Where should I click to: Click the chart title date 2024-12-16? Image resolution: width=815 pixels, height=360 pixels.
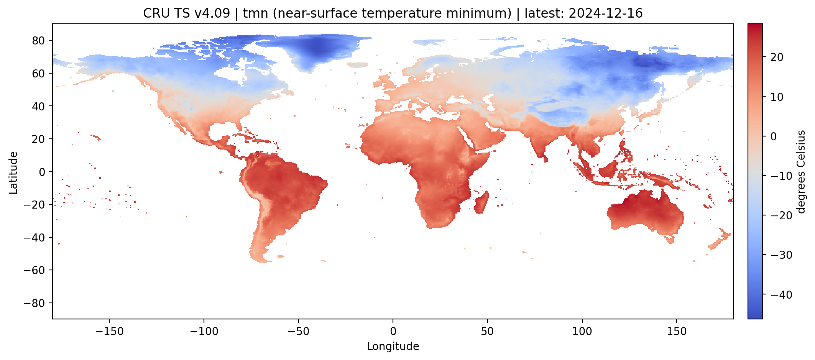pos(605,13)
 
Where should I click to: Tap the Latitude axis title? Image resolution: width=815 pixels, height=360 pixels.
pos(13,173)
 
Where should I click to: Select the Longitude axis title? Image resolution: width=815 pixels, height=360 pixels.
pos(393,347)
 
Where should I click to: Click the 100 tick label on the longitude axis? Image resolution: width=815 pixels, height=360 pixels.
pos(582,331)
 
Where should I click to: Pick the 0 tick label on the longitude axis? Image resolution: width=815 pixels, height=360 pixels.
pos(393,331)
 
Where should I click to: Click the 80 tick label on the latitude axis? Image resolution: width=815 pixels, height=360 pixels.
pos(38,40)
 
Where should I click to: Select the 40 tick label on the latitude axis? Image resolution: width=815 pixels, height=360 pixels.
pos(38,106)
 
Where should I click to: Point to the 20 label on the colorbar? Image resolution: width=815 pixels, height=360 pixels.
pos(777,57)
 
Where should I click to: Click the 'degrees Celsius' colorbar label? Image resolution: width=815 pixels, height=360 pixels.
pos(801,172)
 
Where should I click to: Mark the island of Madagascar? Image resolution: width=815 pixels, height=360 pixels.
pos(481,204)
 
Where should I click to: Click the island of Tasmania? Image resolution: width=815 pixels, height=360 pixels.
pos(670,240)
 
